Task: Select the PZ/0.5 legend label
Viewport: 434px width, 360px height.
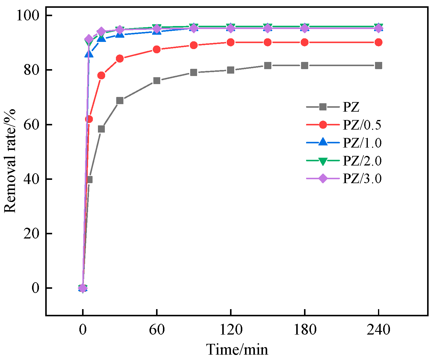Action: point(362,125)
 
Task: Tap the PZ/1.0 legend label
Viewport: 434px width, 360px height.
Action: point(362,143)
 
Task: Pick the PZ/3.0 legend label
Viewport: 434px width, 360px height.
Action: point(362,179)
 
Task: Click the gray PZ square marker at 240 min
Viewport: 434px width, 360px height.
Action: point(378,66)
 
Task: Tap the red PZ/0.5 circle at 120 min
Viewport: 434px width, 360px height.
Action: point(230,42)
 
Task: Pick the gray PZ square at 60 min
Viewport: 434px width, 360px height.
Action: point(157,81)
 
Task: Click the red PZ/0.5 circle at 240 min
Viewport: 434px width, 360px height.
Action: point(378,42)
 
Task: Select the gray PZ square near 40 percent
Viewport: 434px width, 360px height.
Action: point(89,180)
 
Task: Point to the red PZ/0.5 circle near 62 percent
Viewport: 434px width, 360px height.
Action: point(89,119)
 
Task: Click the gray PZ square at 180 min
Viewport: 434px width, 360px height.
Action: point(304,66)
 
